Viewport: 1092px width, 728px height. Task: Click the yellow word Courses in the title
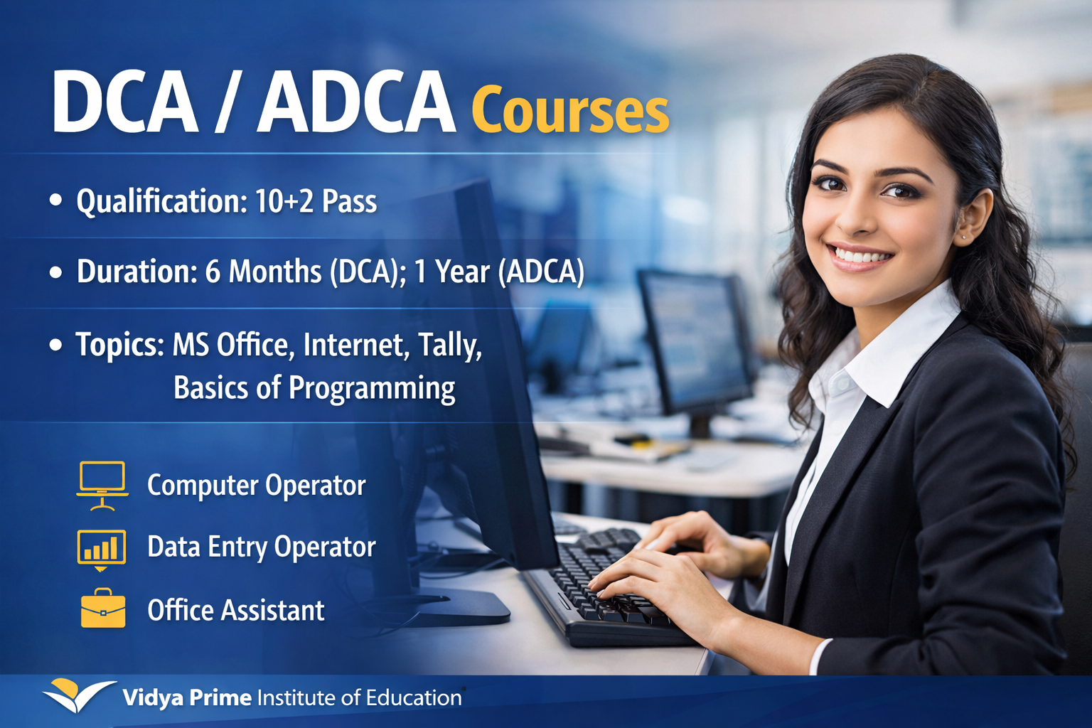(x=569, y=111)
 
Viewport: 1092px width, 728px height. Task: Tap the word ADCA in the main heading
(x=355, y=102)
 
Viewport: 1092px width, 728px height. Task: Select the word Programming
(x=371, y=388)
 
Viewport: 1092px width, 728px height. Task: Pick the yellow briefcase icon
(x=103, y=609)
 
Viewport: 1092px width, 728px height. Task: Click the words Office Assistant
(x=235, y=611)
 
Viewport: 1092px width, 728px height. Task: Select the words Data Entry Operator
(x=261, y=547)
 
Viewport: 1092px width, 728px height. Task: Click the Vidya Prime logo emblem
(x=77, y=695)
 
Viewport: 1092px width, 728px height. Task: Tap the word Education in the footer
(x=414, y=698)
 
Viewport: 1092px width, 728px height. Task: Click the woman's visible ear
(x=972, y=216)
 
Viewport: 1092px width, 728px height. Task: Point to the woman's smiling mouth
(x=861, y=256)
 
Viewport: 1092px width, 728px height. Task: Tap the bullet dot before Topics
(x=56, y=345)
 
